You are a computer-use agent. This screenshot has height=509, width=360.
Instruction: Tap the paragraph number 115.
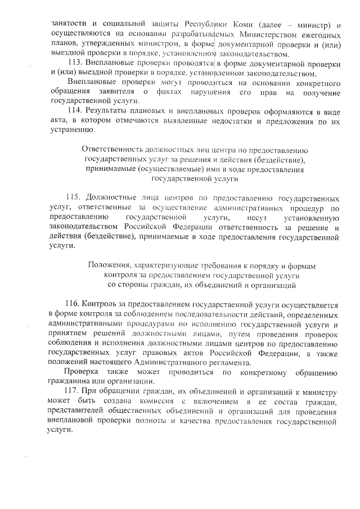coord(74,198)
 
